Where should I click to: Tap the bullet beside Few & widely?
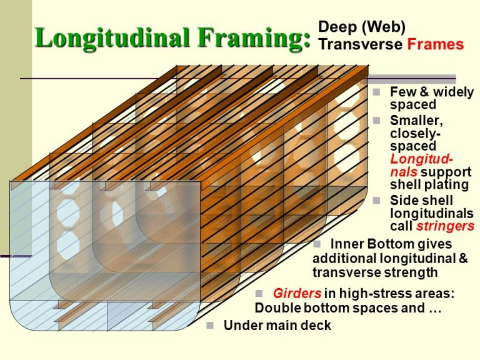point(377,91)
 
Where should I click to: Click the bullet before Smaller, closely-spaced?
point(377,119)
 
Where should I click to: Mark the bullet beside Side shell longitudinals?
point(377,200)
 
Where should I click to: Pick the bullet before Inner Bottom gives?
point(317,243)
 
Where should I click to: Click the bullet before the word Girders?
point(261,293)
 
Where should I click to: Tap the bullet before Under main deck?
point(211,325)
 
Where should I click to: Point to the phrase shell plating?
point(429,184)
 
